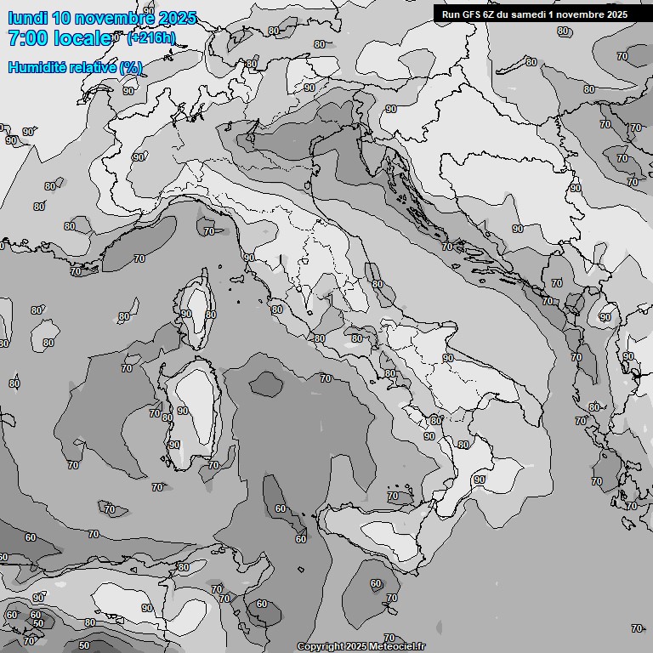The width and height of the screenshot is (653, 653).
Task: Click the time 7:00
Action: [x=27, y=38]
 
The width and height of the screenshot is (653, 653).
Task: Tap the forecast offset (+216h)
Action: [x=151, y=38]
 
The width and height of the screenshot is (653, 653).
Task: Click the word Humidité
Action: [x=37, y=67]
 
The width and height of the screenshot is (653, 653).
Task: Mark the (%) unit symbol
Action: [x=131, y=67]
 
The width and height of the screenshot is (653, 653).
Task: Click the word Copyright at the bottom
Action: [x=321, y=647]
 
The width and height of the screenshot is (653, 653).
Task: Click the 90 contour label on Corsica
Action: [x=186, y=314]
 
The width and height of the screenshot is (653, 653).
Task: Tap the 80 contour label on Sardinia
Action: [x=168, y=417]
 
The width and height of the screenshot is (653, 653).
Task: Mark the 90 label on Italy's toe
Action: [x=480, y=480]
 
